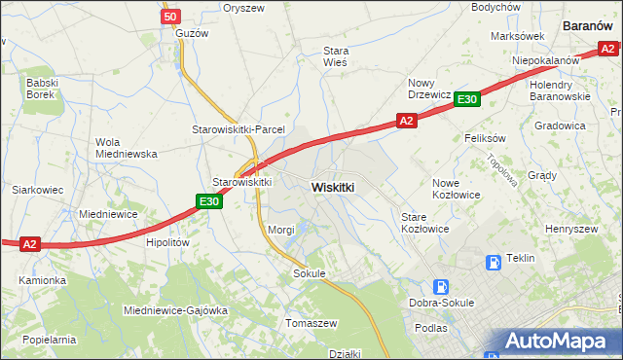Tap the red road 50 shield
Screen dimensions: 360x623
(x=170, y=17)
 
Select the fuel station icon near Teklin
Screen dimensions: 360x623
(x=494, y=261)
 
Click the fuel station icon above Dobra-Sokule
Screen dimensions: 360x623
(x=441, y=287)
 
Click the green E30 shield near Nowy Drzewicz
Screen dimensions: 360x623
(x=466, y=99)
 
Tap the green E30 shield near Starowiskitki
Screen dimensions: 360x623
(x=207, y=201)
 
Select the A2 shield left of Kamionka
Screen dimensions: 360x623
(x=30, y=245)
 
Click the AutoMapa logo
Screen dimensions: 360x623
(x=557, y=342)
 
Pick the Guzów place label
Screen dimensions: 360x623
(x=192, y=32)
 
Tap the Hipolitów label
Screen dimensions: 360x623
(x=165, y=243)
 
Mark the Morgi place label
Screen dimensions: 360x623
(x=280, y=230)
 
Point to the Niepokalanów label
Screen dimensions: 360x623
(x=546, y=60)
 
